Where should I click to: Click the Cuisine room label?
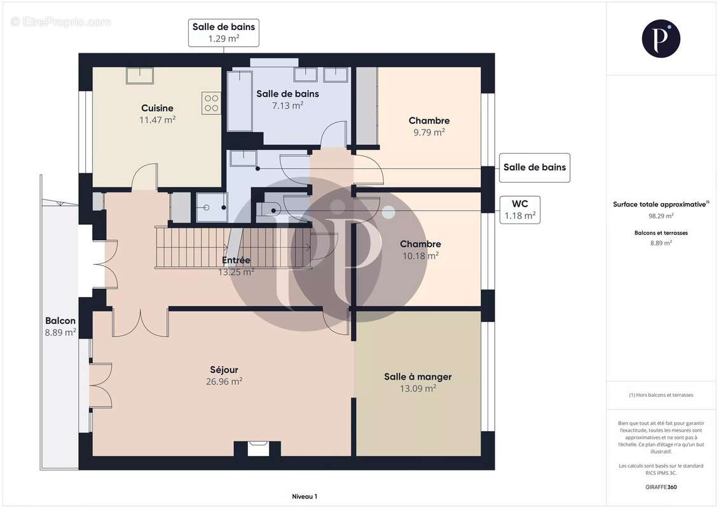coord(157,108)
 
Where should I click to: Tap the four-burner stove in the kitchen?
coord(211,103)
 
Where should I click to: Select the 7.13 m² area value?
coord(287,105)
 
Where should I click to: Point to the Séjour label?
coord(224,370)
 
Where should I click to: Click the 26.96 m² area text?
coord(224,382)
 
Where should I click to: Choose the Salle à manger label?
coord(418,377)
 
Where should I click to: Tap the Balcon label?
coord(60,321)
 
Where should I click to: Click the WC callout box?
coord(520,210)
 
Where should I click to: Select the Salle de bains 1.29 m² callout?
coord(224,32)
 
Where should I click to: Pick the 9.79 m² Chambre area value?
coord(428,132)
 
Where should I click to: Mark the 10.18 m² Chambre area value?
coord(420,256)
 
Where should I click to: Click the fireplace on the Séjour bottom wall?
coord(257,448)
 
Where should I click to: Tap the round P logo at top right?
coord(661,39)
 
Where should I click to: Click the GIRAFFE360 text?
coord(661,487)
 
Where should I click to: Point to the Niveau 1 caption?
coord(305,497)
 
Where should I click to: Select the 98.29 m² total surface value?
coord(661,216)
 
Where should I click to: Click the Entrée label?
coord(236,260)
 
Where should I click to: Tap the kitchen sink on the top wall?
coord(140,76)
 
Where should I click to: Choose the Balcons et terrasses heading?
coord(661,232)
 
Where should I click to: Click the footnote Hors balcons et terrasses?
coord(661,395)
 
